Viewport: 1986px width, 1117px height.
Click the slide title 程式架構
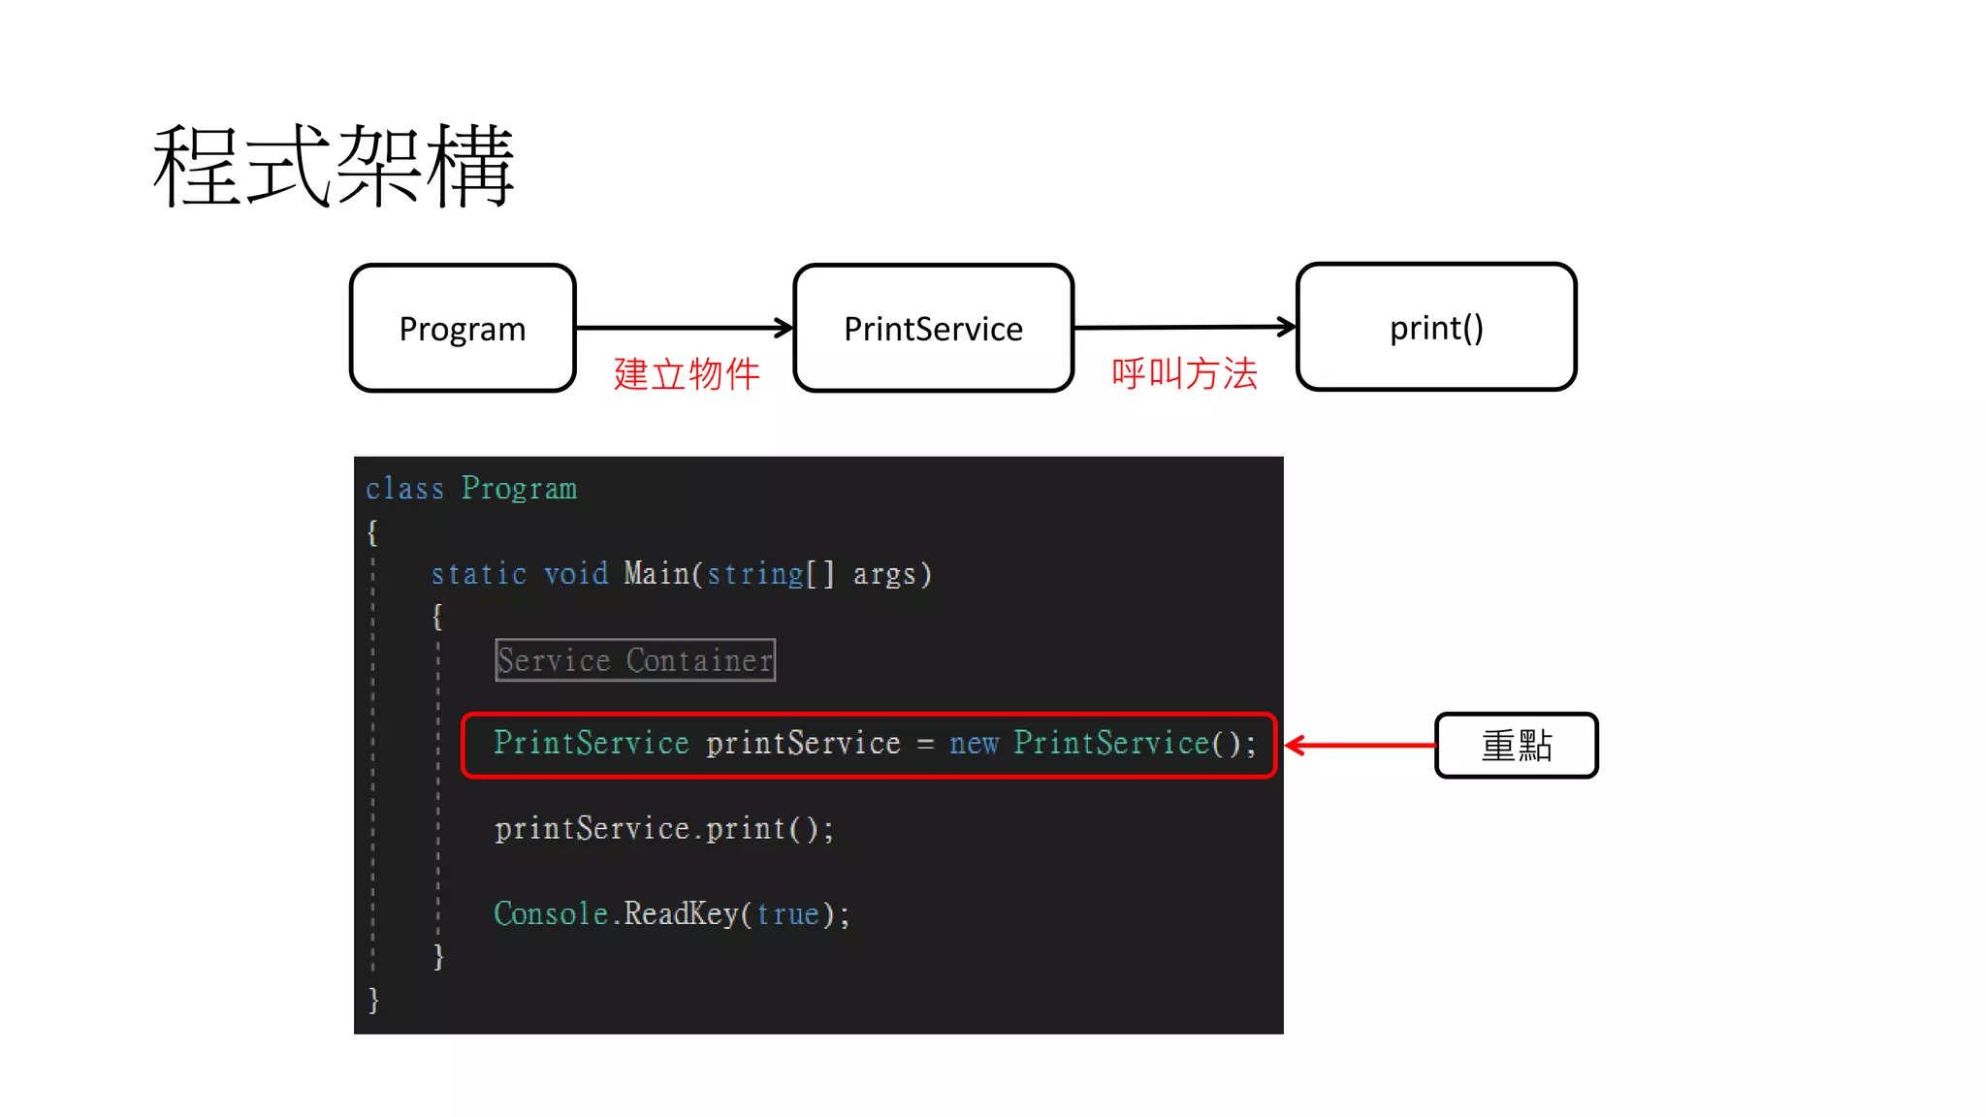tap(333, 166)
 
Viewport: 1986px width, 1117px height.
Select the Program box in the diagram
tap(463, 329)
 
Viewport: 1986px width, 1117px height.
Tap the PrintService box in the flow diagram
tap(933, 329)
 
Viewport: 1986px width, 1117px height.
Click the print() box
tap(1436, 328)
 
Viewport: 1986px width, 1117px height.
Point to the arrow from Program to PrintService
tap(685, 329)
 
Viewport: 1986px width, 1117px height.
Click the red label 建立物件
tap(687, 374)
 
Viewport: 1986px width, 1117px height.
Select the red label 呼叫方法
tap(1184, 373)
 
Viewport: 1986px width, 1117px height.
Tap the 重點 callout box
tap(1517, 746)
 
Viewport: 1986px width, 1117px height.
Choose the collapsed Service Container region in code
tap(635, 660)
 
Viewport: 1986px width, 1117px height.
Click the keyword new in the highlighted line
tap(974, 744)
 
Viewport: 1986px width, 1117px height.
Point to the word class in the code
tap(404, 489)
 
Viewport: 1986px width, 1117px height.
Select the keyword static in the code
tap(478, 574)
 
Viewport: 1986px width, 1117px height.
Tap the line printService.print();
tap(664, 829)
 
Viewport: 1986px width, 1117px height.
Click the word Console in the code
tap(551, 913)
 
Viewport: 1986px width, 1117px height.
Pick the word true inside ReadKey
tap(787, 914)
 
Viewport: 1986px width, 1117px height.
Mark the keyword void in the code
tap(575, 574)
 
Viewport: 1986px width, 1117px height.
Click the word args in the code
tap(884, 575)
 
